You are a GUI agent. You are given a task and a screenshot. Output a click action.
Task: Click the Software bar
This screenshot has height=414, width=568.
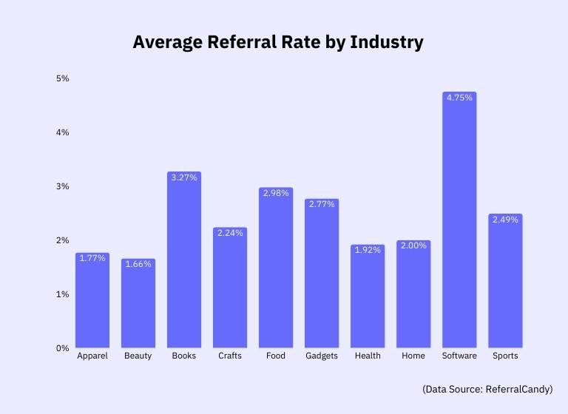point(459,222)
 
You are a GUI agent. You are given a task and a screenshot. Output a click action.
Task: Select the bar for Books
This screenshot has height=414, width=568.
point(184,262)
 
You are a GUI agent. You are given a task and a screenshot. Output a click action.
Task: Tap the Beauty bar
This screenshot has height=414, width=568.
point(138,305)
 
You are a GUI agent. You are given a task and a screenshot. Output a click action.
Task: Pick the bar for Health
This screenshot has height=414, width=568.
point(368,297)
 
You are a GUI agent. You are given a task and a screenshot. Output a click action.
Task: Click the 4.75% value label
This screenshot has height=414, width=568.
point(459,99)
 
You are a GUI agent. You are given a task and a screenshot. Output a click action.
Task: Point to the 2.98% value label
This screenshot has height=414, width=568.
point(276,194)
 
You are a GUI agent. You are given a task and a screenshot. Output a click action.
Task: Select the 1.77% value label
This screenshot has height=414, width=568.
point(92,259)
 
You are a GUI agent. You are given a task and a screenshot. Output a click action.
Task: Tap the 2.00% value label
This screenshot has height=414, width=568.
point(413,246)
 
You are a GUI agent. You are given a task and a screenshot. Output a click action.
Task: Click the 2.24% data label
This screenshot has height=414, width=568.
point(230,234)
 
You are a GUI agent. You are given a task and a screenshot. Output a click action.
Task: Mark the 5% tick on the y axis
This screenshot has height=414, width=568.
point(63,78)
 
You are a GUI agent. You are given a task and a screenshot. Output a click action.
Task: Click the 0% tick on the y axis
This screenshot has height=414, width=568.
point(63,348)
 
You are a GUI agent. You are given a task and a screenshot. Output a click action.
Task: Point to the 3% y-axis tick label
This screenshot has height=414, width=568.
point(63,186)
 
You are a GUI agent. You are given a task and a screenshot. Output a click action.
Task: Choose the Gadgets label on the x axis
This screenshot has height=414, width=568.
point(322,356)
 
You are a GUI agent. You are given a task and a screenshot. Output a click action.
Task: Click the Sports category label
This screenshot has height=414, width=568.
point(505,356)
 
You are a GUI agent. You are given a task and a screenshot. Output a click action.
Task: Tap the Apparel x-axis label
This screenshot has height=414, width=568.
point(92,356)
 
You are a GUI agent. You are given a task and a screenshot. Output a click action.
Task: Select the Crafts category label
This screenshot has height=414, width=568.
point(230,356)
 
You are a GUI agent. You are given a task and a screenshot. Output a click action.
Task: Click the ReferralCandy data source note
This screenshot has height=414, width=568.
point(487,389)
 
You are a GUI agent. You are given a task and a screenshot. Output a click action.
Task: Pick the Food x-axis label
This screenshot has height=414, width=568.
point(276,356)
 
